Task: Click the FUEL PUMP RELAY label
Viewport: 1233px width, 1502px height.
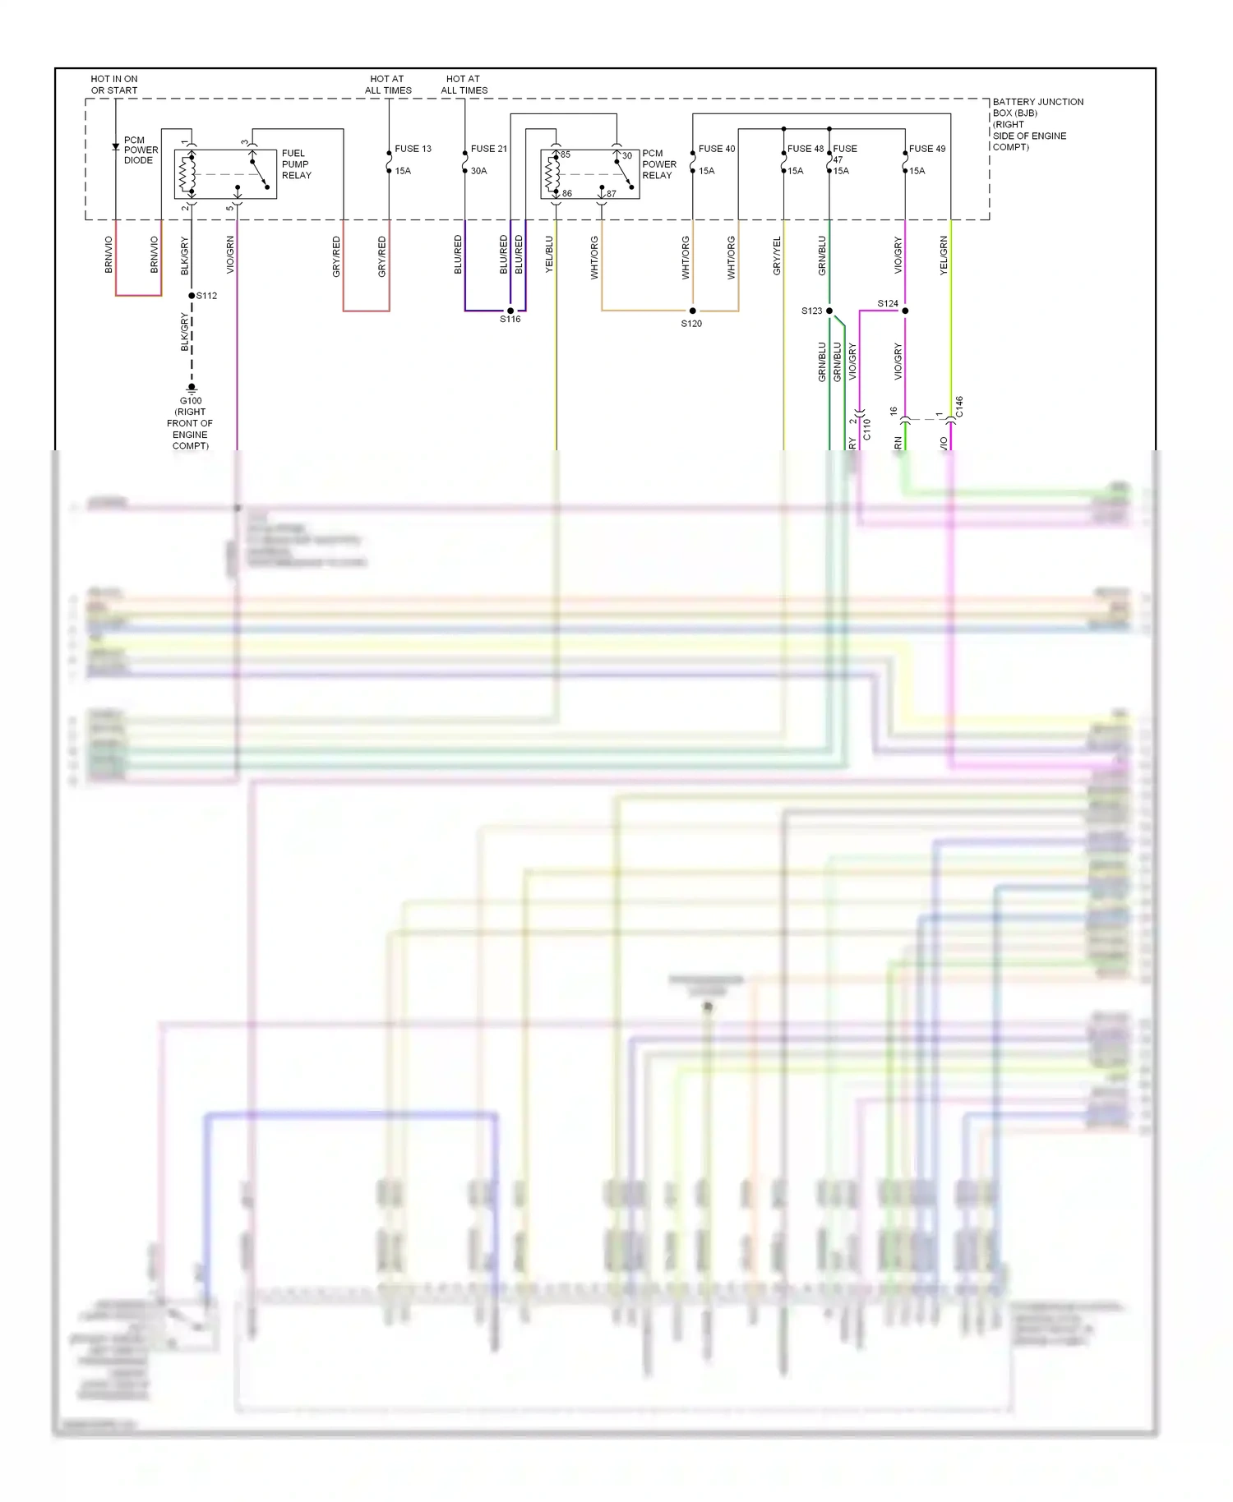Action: pyautogui.click(x=296, y=164)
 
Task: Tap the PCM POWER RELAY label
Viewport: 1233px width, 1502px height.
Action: pyautogui.click(x=658, y=164)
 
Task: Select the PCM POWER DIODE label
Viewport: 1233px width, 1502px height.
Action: pyautogui.click(x=141, y=150)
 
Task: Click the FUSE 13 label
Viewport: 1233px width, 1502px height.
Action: pyautogui.click(x=413, y=149)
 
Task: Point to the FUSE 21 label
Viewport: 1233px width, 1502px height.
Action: pyautogui.click(x=489, y=149)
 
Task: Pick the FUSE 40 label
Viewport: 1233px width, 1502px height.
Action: pyautogui.click(x=717, y=149)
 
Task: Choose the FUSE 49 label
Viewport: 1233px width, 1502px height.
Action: pyautogui.click(x=927, y=149)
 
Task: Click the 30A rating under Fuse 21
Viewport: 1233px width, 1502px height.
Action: pyautogui.click(x=478, y=171)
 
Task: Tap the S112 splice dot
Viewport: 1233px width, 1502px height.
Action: pyautogui.click(x=192, y=296)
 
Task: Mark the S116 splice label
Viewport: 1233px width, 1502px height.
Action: pyautogui.click(x=510, y=320)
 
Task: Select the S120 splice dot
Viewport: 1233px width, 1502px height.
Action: pyautogui.click(x=693, y=311)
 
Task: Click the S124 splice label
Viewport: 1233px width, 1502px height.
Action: pyautogui.click(x=888, y=303)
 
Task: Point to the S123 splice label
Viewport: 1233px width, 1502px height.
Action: pyautogui.click(x=811, y=311)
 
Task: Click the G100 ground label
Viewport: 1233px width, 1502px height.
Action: pyautogui.click(x=191, y=401)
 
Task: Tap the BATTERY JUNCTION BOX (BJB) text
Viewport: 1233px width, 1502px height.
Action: pyautogui.click(x=1037, y=108)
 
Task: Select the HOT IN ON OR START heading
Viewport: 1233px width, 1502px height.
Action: pyautogui.click(x=114, y=85)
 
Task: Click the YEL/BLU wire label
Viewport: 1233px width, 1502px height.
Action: pyautogui.click(x=549, y=255)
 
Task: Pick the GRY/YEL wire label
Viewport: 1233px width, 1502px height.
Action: pyautogui.click(x=777, y=255)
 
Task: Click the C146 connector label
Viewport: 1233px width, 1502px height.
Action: pyautogui.click(x=959, y=407)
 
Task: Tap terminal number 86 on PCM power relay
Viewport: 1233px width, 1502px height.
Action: pyautogui.click(x=567, y=194)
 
